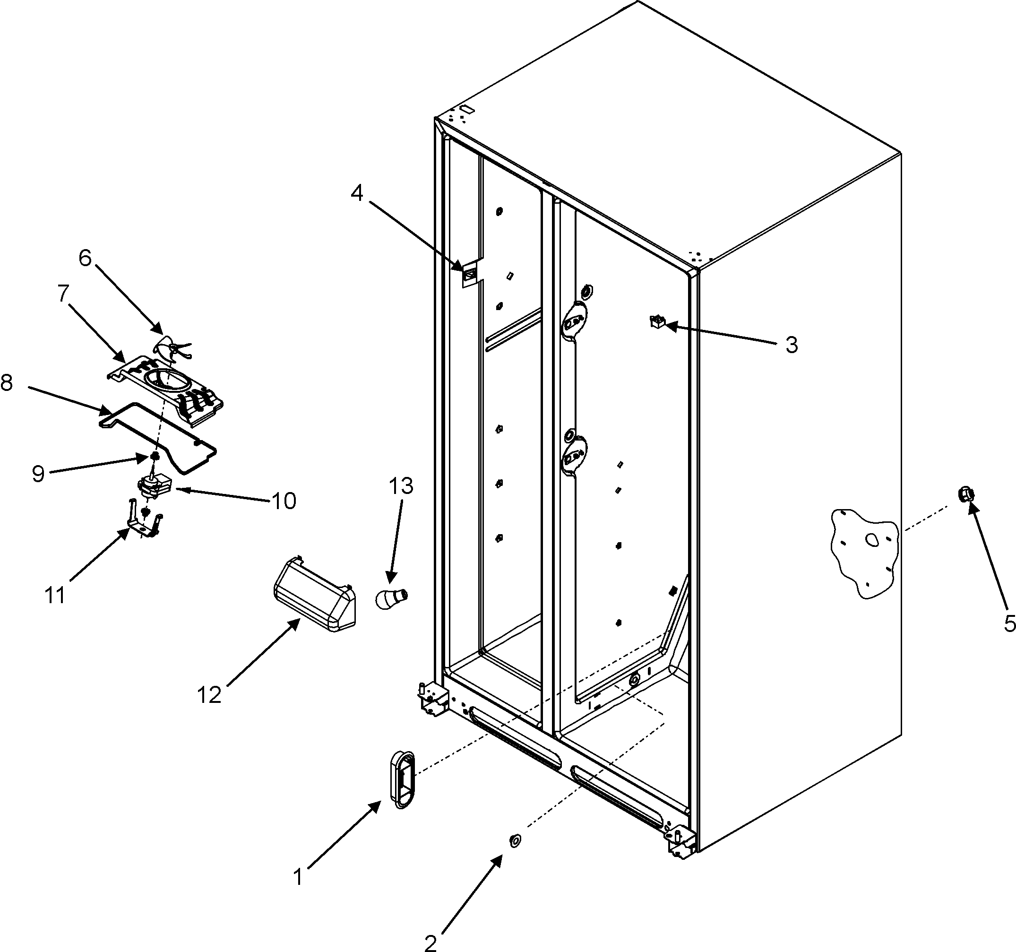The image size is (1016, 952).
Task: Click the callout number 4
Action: coord(357,193)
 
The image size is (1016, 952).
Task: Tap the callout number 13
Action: coord(401,486)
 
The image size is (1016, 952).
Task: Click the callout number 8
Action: coord(7,382)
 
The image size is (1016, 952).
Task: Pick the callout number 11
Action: coord(55,596)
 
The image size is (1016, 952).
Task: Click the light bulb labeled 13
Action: coord(391,597)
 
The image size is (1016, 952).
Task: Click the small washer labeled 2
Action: coord(515,840)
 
